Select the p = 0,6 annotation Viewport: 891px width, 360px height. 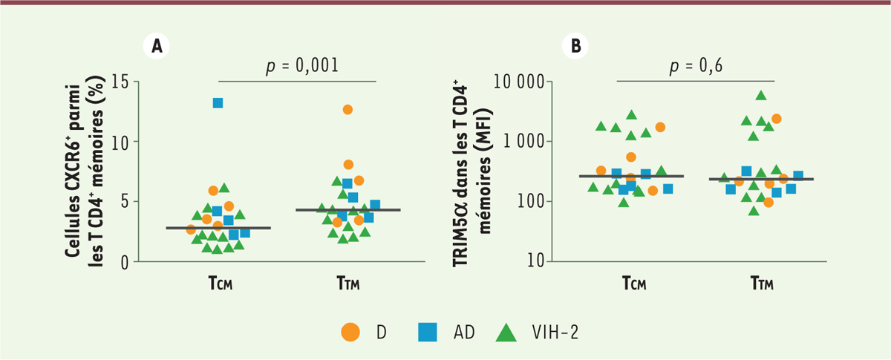[x=696, y=65]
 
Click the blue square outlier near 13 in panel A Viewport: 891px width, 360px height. [x=218, y=103]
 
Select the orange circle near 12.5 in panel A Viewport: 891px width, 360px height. [x=347, y=110]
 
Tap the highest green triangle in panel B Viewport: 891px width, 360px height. [x=760, y=96]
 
